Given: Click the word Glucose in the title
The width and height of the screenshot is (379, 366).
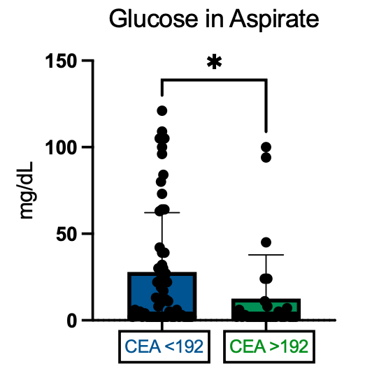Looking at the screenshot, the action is (153, 19).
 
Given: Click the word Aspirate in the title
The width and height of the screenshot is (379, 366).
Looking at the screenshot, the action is (274, 20).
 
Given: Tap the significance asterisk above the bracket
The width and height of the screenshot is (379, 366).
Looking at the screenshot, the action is (214, 62).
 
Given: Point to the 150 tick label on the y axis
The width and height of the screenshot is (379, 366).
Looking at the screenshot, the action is (61, 61).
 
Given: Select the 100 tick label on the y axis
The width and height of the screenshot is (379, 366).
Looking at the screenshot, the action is (61, 147).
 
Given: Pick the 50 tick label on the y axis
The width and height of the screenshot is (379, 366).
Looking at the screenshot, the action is (66, 234).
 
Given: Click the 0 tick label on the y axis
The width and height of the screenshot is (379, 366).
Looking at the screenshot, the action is (71, 321).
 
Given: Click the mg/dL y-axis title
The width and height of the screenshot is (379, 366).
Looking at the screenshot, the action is (26, 190).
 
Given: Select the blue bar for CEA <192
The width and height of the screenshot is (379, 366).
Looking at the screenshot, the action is (162, 296).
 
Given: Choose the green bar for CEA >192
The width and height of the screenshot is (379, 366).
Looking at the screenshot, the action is (266, 309).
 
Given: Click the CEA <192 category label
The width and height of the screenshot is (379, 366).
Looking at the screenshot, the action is (164, 346).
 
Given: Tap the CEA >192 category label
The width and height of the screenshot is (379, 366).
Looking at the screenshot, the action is (269, 346).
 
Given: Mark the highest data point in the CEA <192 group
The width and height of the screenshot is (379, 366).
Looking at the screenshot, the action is (162, 111).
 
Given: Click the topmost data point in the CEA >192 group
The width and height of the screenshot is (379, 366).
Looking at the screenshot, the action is (266, 147).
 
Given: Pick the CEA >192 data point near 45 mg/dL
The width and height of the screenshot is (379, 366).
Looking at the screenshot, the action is (266, 242).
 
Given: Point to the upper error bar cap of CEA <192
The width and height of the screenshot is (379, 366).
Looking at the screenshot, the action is (162, 213).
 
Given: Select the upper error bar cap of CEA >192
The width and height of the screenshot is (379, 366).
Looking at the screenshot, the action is (266, 255).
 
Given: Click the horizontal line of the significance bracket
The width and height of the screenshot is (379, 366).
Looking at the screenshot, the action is (214, 80).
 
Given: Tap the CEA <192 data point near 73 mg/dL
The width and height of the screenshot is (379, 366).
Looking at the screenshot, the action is (162, 193).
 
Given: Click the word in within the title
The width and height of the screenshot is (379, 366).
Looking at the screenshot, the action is (214, 19).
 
